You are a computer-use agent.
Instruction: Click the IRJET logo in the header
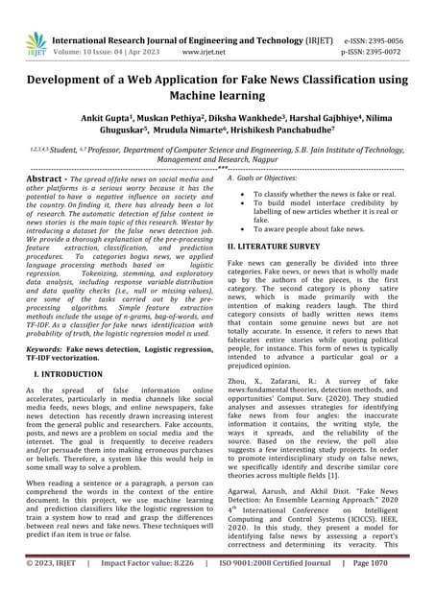tap(36, 41)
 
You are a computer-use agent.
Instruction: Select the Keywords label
tap(48, 352)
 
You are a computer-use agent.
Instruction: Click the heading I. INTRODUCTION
tap(72, 376)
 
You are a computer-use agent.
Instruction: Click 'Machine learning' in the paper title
tap(217, 100)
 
